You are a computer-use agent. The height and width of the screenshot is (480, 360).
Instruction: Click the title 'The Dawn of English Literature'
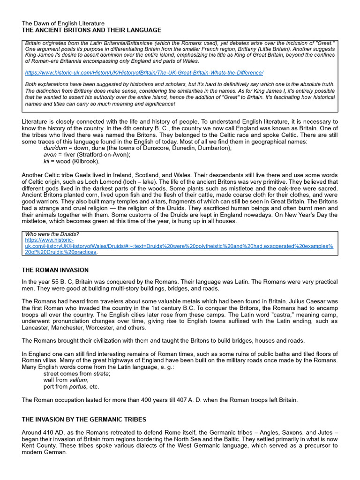coord(63,23)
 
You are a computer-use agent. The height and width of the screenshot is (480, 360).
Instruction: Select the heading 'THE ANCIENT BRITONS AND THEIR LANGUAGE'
coord(91,30)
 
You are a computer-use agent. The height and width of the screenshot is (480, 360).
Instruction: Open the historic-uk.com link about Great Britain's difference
coord(144,73)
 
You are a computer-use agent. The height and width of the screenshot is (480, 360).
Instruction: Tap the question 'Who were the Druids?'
coord(52,234)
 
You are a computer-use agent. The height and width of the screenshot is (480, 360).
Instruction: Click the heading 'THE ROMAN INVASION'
coord(55,270)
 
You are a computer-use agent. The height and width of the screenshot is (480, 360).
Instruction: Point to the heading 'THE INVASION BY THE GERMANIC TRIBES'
coord(84,419)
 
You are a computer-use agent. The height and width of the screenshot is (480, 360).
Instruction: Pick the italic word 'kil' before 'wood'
coord(47,161)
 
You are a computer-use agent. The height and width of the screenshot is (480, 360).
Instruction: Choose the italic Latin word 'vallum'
coord(78,380)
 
